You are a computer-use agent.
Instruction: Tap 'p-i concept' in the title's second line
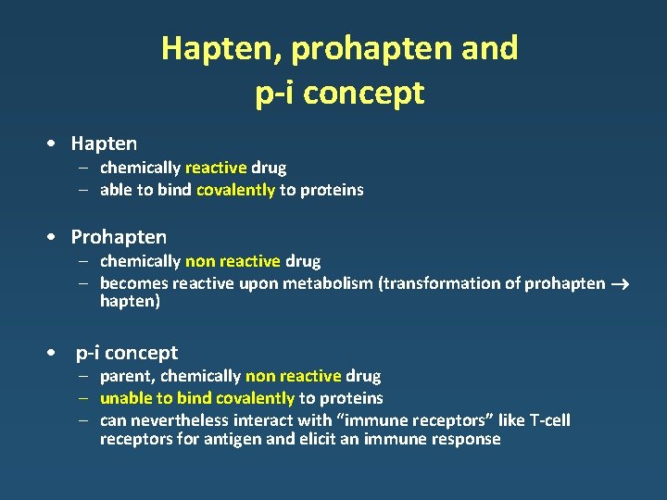[339, 94]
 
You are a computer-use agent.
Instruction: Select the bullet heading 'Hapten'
[104, 144]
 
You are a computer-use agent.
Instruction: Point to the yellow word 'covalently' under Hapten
[235, 190]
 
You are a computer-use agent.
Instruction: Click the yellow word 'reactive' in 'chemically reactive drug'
[216, 168]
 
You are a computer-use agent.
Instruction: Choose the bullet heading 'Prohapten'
[119, 237]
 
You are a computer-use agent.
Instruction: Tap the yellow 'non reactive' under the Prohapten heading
[233, 261]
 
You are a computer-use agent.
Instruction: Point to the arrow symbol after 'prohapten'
[620, 283]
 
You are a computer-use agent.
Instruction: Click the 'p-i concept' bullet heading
[127, 353]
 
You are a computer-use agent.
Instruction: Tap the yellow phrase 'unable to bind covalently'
[197, 398]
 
